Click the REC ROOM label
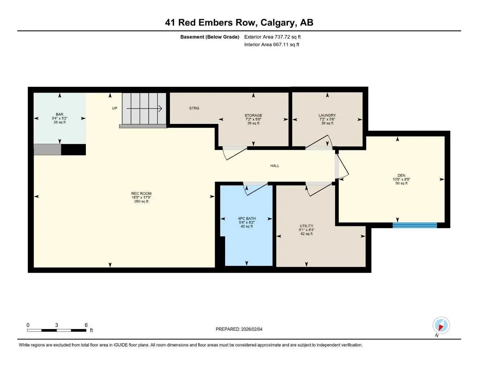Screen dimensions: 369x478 point(141,194)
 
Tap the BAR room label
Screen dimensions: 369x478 point(60,114)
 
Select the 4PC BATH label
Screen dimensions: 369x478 point(247,218)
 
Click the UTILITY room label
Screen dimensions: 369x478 point(306,226)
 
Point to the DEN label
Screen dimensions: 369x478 point(401,175)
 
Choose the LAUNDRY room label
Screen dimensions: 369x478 point(327,115)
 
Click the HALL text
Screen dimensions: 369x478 point(275,166)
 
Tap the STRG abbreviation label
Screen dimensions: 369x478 point(194,108)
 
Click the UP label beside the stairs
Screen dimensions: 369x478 point(114,108)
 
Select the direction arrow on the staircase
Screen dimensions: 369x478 point(144,108)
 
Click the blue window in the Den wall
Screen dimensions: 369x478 point(415,225)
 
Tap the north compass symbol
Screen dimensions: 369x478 point(441,326)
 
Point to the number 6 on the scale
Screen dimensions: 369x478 point(86,325)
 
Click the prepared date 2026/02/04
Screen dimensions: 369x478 point(239,329)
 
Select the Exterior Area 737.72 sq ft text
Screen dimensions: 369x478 point(272,37)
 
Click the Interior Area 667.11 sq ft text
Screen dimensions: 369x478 point(272,45)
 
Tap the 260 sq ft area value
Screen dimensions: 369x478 point(141,201)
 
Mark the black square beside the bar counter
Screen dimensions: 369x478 point(73,150)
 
